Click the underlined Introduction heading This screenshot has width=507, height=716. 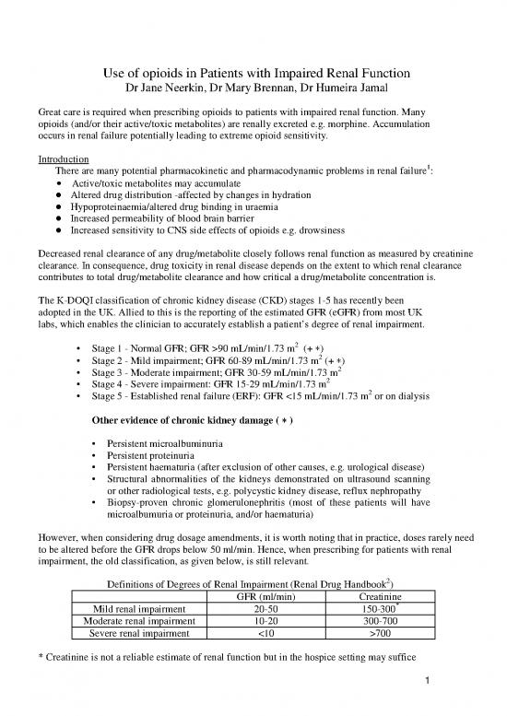(59, 158)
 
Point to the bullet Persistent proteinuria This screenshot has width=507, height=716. (151, 470)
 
